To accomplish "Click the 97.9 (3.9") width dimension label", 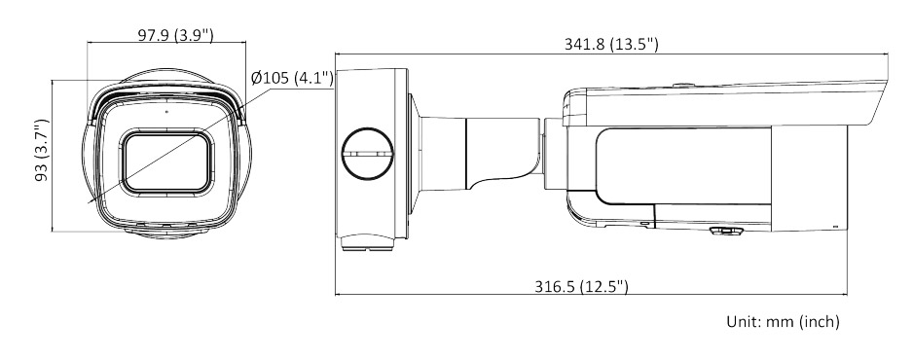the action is click(175, 35).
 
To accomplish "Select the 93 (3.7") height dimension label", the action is click(42, 150).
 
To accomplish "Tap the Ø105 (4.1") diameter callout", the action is click(292, 77).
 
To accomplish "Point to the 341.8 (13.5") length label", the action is click(611, 44).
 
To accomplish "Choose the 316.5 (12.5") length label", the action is click(582, 286).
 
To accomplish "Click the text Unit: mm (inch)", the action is click(783, 321).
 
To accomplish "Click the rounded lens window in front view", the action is click(166, 162).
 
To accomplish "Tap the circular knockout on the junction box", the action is click(367, 154).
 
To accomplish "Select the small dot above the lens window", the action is click(166, 111).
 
